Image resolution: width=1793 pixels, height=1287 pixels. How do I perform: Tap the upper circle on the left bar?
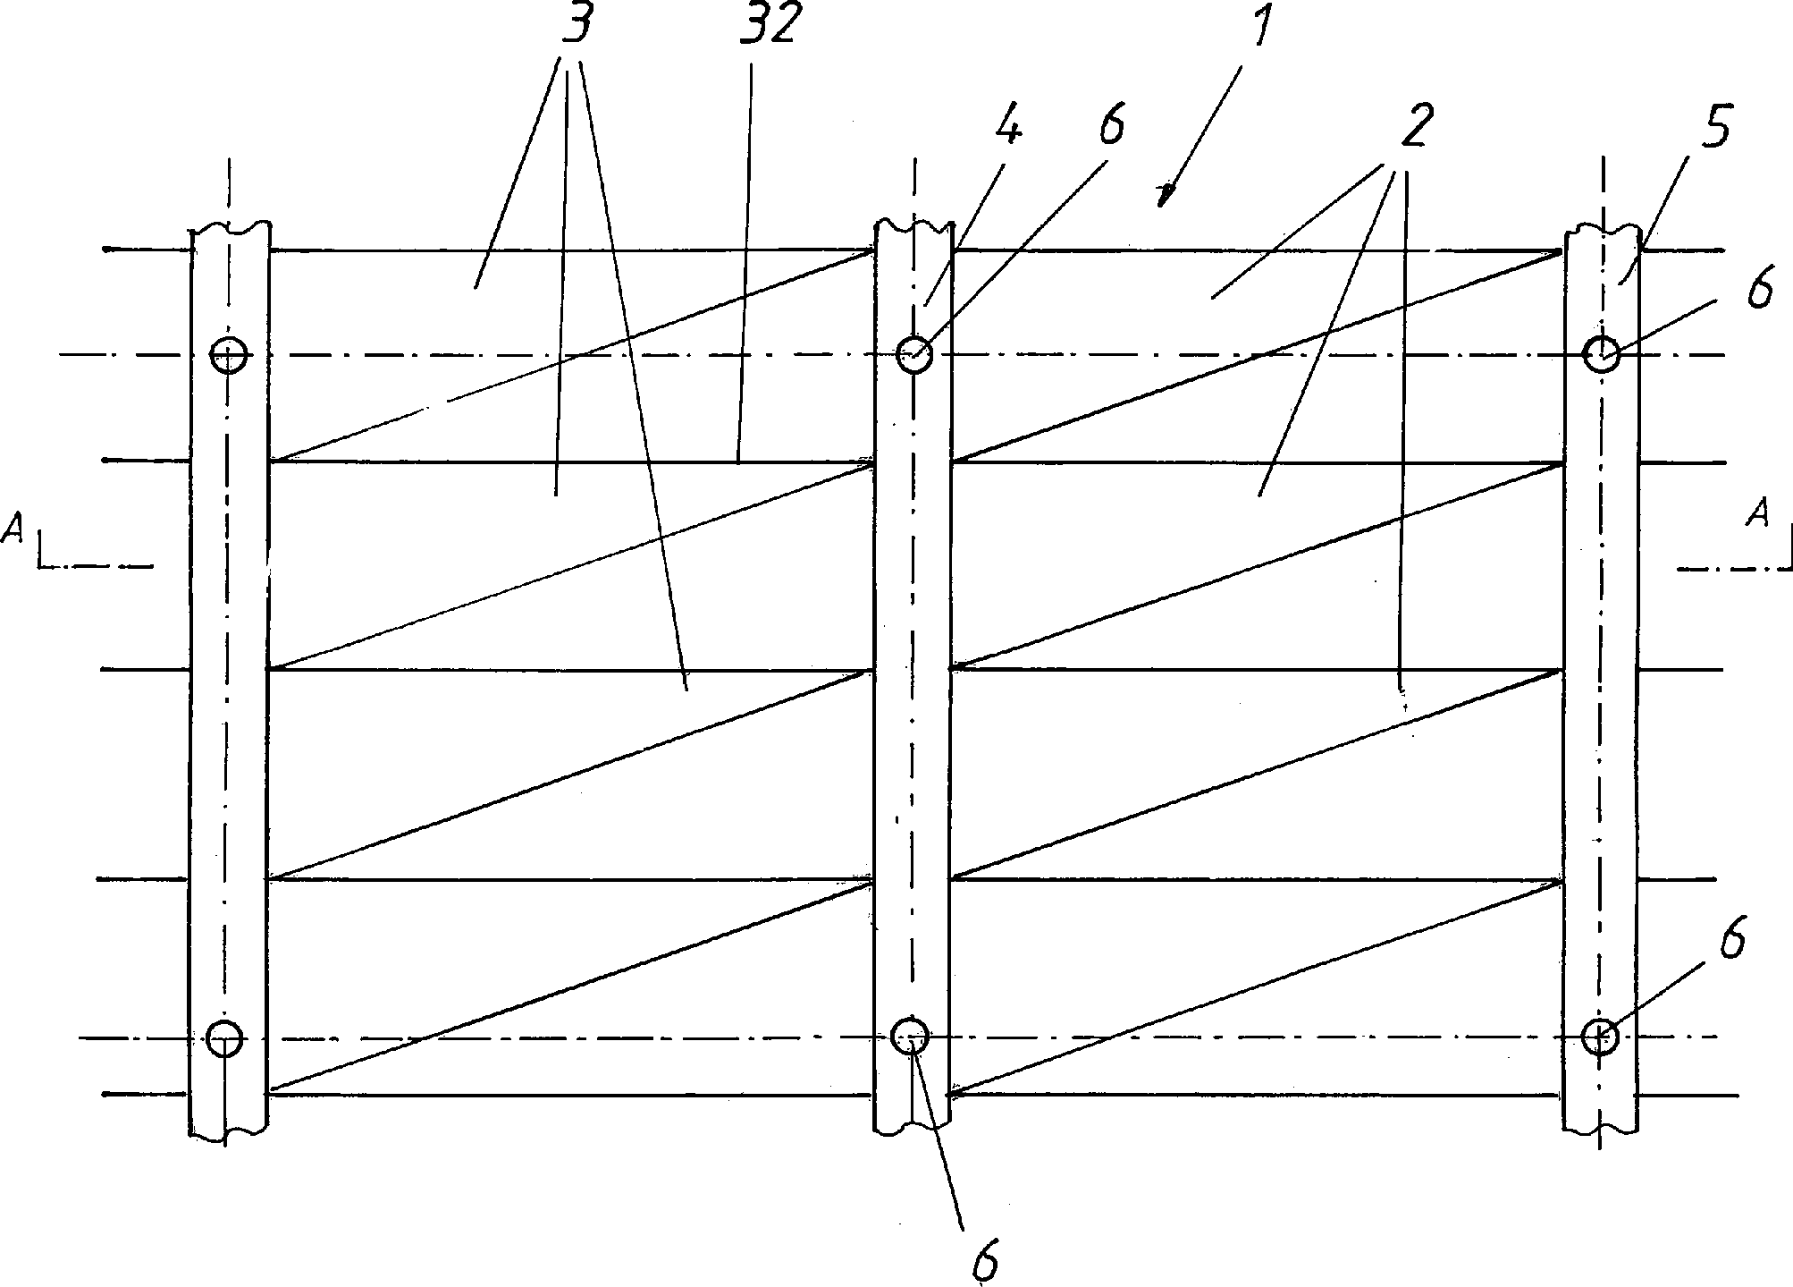click(229, 354)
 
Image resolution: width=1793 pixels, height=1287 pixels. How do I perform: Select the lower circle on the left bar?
click(223, 1038)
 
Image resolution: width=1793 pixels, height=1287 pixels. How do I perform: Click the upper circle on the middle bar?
click(913, 354)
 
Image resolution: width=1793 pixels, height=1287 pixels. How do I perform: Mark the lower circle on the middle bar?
click(911, 1037)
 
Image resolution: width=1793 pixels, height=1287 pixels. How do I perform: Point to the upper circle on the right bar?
click(1601, 355)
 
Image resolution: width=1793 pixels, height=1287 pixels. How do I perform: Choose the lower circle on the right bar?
click(1600, 1037)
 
